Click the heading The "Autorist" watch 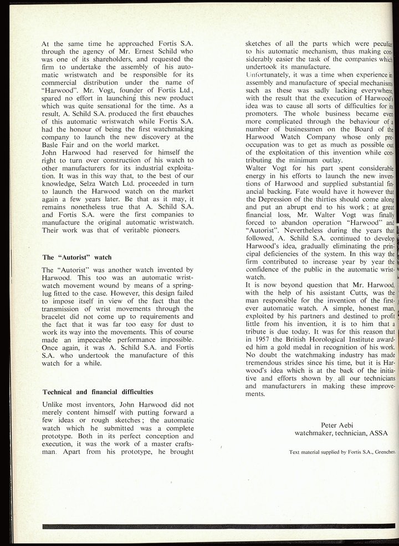pyautogui.click(x=77, y=257)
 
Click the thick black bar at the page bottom pyautogui.click(x=216, y=525)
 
